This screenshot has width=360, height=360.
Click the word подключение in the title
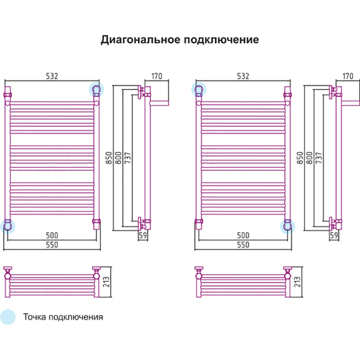point(221,40)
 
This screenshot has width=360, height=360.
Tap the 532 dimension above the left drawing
point(52,76)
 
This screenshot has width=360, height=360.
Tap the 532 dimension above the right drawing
point(243,76)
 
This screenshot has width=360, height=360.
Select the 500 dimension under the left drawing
point(52,235)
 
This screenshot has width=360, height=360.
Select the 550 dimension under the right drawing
point(243,245)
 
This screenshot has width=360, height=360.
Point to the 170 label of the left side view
point(157,76)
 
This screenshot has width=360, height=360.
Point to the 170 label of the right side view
point(348,76)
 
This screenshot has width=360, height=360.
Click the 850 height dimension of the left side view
point(109,158)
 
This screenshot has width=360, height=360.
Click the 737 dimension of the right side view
point(319,158)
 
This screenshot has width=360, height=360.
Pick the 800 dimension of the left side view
point(118,158)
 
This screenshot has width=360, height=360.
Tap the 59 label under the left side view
point(143,235)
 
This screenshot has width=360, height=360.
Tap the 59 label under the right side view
point(334,235)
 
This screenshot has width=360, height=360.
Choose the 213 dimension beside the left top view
point(106,282)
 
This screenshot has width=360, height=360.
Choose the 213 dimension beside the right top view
point(297,282)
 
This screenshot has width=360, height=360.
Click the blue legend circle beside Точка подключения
point(8,317)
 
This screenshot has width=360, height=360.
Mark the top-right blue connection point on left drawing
point(96,89)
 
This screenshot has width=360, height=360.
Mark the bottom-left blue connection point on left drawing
point(8,227)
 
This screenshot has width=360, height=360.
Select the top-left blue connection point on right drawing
point(199,89)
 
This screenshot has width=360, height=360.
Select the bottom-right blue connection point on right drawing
point(288,227)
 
